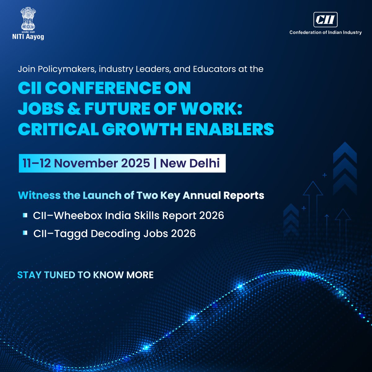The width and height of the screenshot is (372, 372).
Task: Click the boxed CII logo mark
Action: pyautogui.click(x=325, y=20)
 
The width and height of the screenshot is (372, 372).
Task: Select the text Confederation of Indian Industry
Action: pyautogui.click(x=325, y=32)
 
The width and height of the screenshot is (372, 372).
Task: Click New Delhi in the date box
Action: pyautogui.click(x=190, y=163)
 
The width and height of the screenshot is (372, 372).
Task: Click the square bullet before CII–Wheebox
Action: pyautogui.click(x=25, y=215)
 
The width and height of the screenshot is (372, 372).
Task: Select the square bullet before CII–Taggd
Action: pyautogui.click(x=25, y=233)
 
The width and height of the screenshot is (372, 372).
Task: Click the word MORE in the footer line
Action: pyautogui.click(x=140, y=275)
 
